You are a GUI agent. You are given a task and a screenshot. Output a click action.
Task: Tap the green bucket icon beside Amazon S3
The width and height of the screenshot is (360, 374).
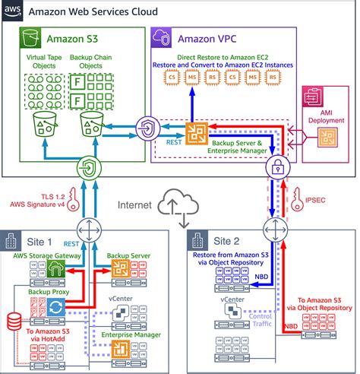[30, 38]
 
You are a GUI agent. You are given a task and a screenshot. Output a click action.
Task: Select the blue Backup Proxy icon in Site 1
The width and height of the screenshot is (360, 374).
[54, 305]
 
